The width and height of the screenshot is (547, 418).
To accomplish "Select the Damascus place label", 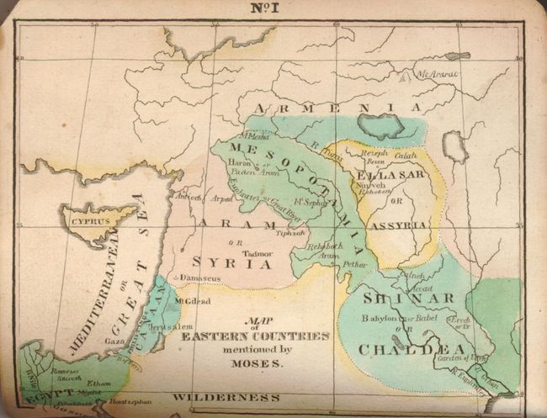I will tap(196, 277).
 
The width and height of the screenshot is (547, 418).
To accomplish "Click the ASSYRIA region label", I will tap(400, 225).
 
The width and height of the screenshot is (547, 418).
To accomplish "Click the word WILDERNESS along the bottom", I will tap(225, 396).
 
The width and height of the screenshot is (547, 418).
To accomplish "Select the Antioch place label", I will tap(188, 198).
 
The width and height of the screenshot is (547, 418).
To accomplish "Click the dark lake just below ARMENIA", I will tap(381, 125).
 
